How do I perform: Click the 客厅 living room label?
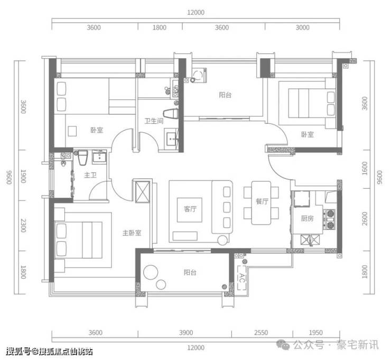(190, 209)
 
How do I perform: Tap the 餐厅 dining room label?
(262, 201)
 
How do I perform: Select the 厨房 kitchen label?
(307, 218)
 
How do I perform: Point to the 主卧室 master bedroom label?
(132, 233)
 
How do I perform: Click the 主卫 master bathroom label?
(90, 175)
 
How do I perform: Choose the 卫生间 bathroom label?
(154, 121)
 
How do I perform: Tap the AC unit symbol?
(241, 278)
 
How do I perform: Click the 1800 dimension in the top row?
(160, 27)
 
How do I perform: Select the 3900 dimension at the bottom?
(186, 333)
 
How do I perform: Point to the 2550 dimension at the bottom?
(261, 333)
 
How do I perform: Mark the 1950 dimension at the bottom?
(315, 333)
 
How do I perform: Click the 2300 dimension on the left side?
(23, 226)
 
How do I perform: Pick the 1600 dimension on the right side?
(365, 169)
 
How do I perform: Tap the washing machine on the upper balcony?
(199, 75)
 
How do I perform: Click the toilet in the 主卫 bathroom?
(83, 158)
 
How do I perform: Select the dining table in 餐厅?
(261, 203)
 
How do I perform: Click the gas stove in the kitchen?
(330, 219)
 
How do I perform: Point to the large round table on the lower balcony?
(151, 272)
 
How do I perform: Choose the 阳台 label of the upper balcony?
(225, 95)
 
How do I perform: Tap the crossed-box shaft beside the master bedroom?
(142, 192)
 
